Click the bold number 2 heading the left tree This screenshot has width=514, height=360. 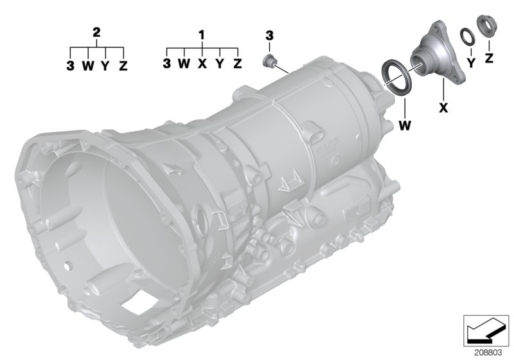point(96,32)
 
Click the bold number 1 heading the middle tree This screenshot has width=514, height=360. point(202,32)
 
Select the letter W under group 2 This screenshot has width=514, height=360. point(87,66)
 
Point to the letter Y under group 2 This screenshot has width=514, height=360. point(105,66)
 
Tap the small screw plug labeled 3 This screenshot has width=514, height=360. point(270,62)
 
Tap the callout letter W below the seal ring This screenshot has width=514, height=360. point(404,125)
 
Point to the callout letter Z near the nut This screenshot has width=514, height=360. point(489,59)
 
